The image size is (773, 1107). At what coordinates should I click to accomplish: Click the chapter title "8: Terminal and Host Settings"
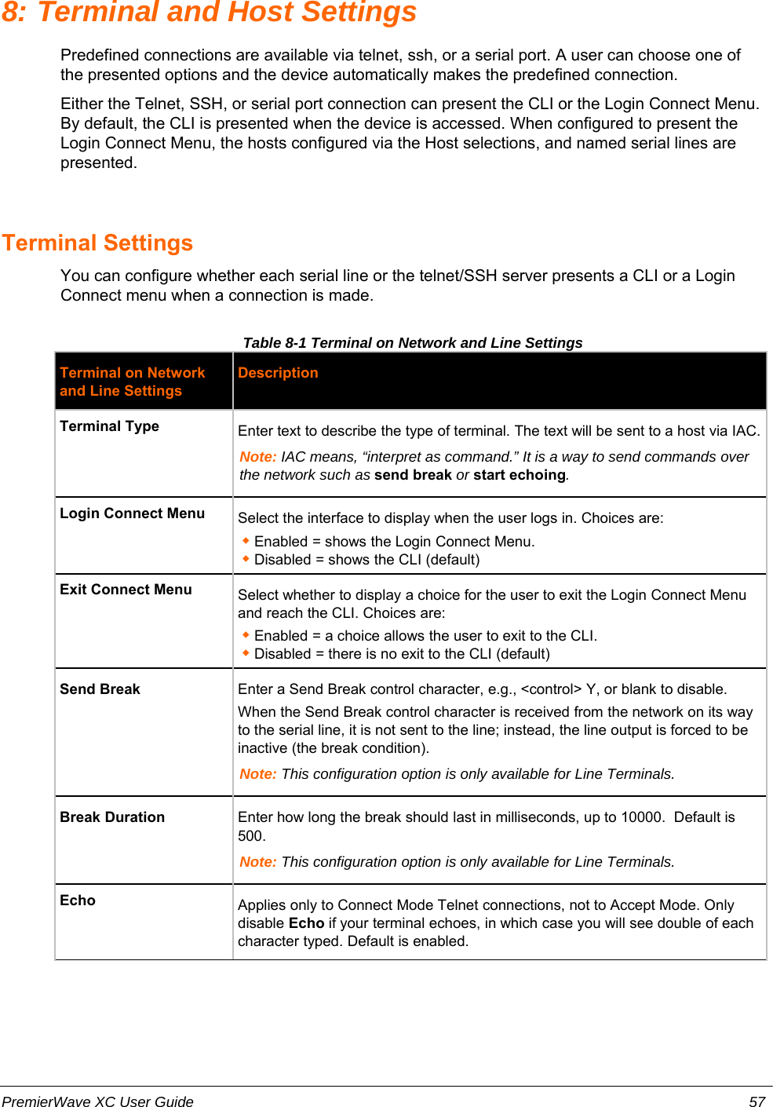click(209, 13)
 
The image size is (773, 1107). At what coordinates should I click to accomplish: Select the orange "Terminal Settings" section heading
click(97, 243)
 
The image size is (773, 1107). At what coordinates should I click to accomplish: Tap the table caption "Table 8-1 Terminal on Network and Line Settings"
click(412, 342)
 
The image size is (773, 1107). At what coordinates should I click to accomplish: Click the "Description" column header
click(278, 373)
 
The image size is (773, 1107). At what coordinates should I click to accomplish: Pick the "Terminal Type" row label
click(109, 426)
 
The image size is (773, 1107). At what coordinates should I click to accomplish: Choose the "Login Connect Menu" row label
click(132, 513)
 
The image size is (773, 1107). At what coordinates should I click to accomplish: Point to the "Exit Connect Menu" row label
click(126, 590)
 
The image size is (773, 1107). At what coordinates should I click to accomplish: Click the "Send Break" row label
click(100, 689)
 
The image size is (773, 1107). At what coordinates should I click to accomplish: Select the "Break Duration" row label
click(112, 817)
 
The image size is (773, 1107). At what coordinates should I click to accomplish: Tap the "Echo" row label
click(78, 901)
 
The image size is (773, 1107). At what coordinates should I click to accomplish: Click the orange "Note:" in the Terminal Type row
click(258, 457)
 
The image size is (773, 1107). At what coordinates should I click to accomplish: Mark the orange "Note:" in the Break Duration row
click(258, 862)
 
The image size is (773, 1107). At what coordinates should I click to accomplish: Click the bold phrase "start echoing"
click(519, 475)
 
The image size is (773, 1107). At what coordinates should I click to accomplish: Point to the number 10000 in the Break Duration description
click(642, 817)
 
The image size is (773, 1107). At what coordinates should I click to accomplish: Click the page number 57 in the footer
click(757, 1102)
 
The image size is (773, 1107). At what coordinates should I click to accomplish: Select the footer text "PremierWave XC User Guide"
click(97, 1102)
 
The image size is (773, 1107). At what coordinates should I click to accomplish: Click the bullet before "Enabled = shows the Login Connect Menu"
click(246, 540)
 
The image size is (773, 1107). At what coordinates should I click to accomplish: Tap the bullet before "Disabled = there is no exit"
click(246, 652)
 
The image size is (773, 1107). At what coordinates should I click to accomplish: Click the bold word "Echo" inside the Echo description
click(306, 923)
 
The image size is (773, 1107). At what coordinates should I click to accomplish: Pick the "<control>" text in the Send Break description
click(551, 689)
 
